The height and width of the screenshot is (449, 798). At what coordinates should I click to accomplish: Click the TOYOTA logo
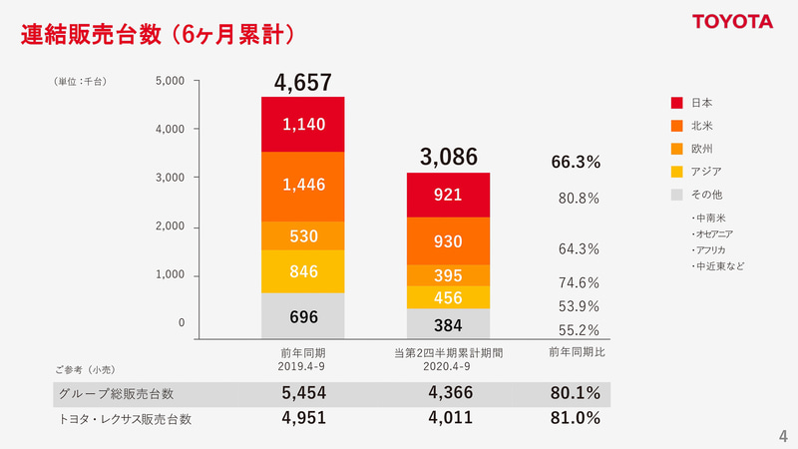pyautogui.click(x=733, y=21)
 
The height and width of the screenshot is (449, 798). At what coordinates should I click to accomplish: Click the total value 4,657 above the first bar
pyautogui.click(x=303, y=82)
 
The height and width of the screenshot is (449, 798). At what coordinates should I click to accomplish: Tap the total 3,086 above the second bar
pyautogui.click(x=448, y=157)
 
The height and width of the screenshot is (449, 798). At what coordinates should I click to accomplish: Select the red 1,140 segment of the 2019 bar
pyautogui.click(x=303, y=124)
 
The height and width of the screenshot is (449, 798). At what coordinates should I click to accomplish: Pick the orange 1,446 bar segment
pyautogui.click(x=303, y=186)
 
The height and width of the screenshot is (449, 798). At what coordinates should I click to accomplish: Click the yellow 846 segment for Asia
pyautogui.click(x=303, y=270)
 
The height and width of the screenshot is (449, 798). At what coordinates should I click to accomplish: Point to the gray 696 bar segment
pyautogui.click(x=303, y=316)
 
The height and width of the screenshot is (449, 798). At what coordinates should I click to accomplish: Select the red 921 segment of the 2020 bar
pyautogui.click(x=448, y=195)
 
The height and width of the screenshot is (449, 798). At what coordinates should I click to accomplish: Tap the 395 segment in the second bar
pyautogui.click(x=448, y=275)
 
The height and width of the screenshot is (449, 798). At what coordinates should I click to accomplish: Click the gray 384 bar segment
pyautogui.click(x=448, y=324)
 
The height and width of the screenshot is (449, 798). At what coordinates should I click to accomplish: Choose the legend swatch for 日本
pyautogui.click(x=676, y=103)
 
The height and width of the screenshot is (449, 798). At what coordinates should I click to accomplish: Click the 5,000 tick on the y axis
pyautogui.click(x=171, y=81)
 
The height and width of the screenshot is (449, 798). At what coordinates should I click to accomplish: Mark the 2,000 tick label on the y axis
pyautogui.click(x=171, y=226)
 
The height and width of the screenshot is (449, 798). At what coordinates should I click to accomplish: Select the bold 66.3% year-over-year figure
pyautogui.click(x=576, y=162)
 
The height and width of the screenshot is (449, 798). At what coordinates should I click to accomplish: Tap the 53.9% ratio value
pyautogui.click(x=579, y=306)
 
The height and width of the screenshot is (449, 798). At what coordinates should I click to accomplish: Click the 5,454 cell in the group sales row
pyautogui.click(x=303, y=393)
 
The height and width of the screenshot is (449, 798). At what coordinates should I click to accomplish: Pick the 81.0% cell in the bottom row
pyautogui.click(x=576, y=419)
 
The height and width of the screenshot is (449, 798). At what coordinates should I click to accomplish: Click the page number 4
pyautogui.click(x=782, y=435)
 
